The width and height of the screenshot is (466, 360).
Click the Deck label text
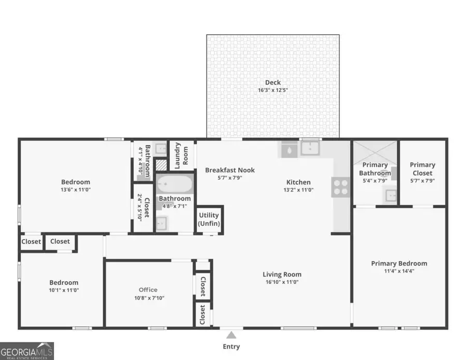click(273, 82)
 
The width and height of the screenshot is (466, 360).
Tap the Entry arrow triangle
click(231, 335)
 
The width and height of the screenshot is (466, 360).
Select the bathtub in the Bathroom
click(175, 184)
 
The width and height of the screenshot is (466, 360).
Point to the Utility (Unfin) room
click(209, 219)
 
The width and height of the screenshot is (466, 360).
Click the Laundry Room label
click(181, 156)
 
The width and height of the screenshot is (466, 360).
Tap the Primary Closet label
click(423, 169)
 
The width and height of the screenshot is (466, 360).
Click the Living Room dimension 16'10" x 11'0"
click(282, 282)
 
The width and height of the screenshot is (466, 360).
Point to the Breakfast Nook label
click(230, 170)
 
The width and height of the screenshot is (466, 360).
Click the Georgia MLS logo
click(27, 351)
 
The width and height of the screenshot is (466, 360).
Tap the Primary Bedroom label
click(399, 264)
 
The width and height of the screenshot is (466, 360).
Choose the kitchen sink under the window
click(310, 149)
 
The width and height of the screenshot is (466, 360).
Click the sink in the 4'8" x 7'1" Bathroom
click(162, 223)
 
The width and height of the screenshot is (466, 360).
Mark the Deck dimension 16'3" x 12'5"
click(273, 90)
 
